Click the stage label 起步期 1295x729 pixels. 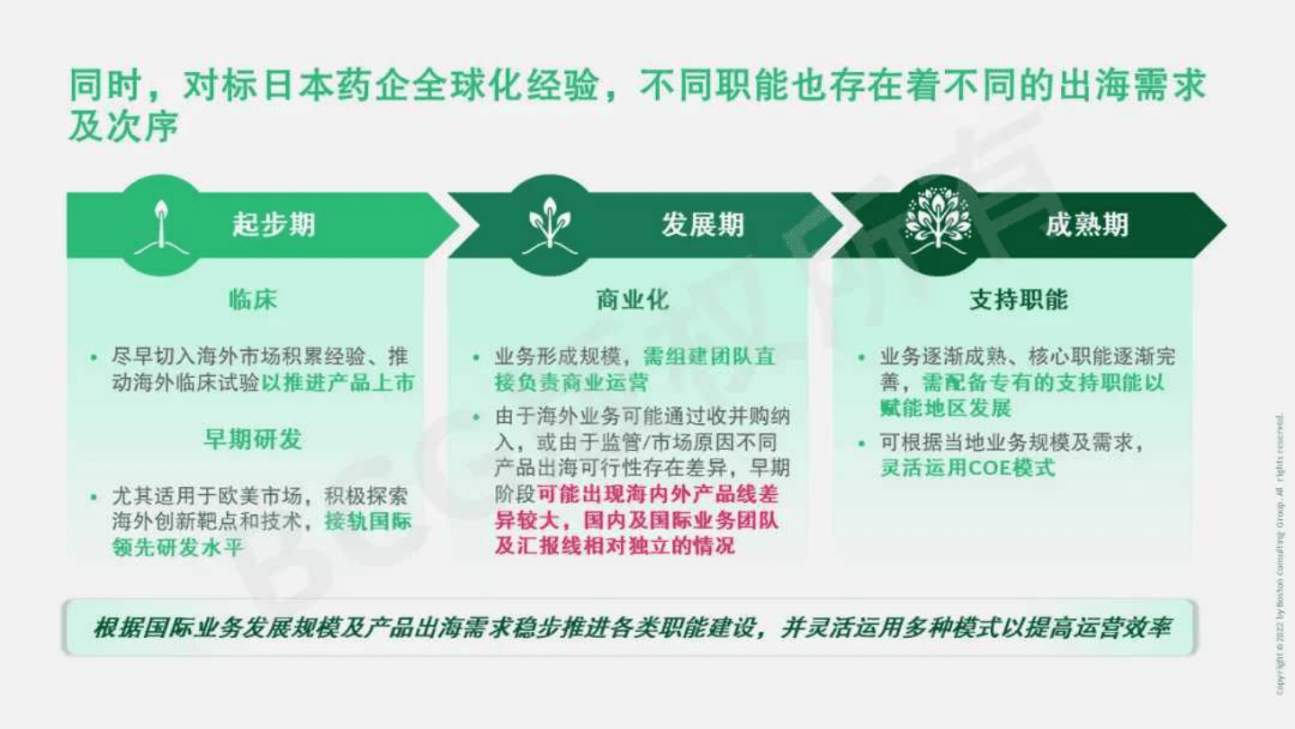[x=274, y=224]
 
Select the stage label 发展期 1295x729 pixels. [x=703, y=224]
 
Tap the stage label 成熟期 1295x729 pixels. [x=1086, y=224]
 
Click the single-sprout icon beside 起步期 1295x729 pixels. [x=161, y=224]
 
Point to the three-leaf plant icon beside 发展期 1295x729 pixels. [x=549, y=224]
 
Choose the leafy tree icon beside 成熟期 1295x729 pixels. [x=938, y=224]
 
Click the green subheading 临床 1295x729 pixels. [x=252, y=301]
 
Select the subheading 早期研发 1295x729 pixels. [x=252, y=440]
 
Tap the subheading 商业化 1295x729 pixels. [x=633, y=301]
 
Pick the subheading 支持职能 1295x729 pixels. [x=1018, y=301]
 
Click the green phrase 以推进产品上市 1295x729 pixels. [x=338, y=382]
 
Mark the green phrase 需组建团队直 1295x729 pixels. [x=709, y=356]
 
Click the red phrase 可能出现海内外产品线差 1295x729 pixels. [x=659, y=494]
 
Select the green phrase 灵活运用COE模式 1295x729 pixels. [x=967, y=468]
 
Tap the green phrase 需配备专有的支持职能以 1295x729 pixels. [x=1044, y=382]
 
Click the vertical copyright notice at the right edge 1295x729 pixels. [x=1281, y=553]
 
